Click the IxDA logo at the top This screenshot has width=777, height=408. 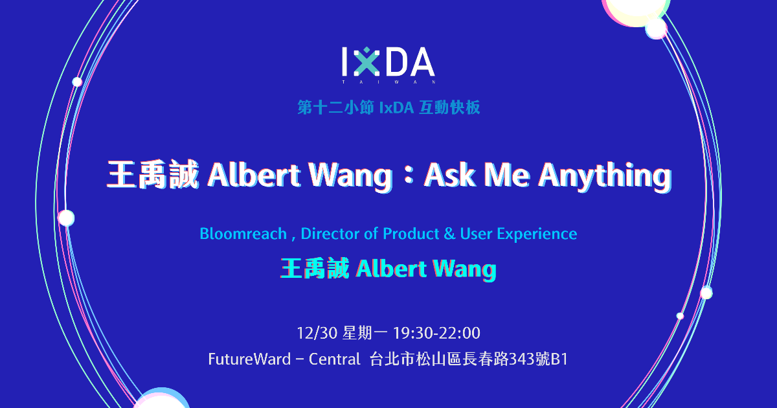point(388,65)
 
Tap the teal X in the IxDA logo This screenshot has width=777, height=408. point(366,62)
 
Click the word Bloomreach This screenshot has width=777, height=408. point(243,234)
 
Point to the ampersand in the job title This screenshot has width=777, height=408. point(449,234)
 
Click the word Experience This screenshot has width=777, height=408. point(537,234)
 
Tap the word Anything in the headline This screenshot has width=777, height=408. point(605,176)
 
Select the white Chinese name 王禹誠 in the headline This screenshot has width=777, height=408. point(153,174)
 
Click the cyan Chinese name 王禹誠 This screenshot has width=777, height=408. point(314,268)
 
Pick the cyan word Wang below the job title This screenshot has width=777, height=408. point(464,269)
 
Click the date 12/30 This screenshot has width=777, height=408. point(317,333)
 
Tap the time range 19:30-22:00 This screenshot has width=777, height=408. point(436,333)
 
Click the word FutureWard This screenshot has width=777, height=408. point(249,359)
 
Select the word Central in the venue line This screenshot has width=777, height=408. point(334,359)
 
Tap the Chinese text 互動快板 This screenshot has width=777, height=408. point(449,108)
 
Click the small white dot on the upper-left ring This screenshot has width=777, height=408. point(77,82)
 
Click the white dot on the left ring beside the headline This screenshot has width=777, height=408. point(66,218)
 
